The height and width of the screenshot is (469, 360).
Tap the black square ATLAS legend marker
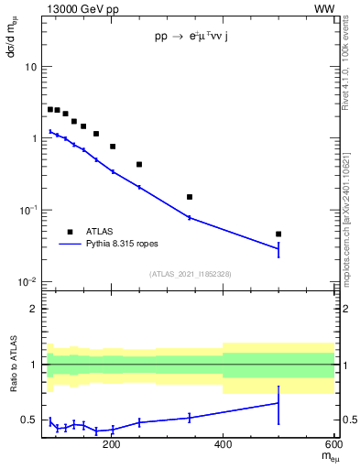click(x=69, y=232)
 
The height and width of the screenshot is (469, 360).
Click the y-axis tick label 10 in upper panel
click(x=30, y=67)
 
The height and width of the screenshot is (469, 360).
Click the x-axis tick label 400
click(x=223, y=447)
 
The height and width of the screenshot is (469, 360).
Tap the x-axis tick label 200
click(x=112, y=447)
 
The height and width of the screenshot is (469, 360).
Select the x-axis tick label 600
click(x=333, y=447)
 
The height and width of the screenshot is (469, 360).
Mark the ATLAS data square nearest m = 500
click(x=278, y=234)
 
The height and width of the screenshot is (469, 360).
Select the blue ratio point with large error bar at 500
click(x=278, y=403)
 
